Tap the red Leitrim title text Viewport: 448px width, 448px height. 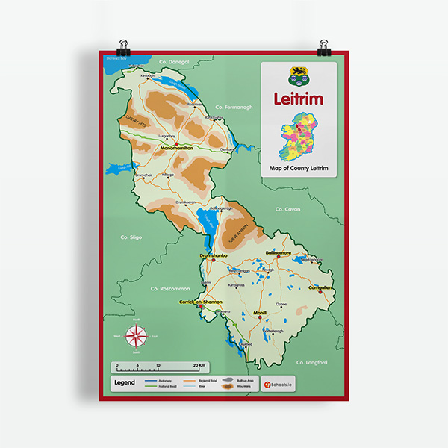point(299,99)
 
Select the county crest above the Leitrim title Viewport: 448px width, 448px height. point(298,76)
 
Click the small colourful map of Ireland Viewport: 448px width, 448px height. point(298,137)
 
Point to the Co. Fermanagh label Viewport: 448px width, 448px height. point(234,107)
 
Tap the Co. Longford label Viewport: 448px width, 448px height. point(311,362)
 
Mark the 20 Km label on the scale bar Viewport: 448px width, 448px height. point(199,365)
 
